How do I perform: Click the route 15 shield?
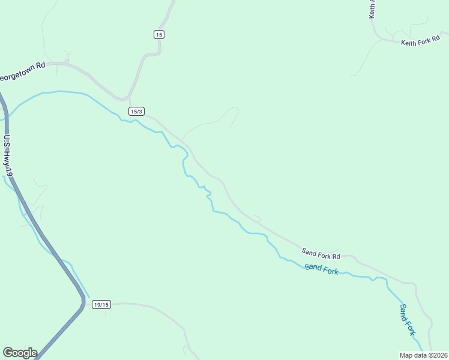(158, 34)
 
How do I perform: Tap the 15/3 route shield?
(136, 111)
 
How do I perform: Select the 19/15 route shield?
(101, 305)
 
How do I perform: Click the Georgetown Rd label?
(23, 77)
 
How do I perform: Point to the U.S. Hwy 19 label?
(8, 157)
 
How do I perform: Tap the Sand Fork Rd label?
(321, 253)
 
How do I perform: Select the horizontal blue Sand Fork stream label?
(321, 269)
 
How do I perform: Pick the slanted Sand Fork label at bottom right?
(408, 319)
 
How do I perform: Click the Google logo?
(20, 353)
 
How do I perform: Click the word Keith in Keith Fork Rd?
(409, 43)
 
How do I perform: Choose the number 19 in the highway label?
(10, 172)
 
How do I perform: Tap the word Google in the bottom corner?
(20, 353)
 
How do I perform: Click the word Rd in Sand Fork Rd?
(336, 254)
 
